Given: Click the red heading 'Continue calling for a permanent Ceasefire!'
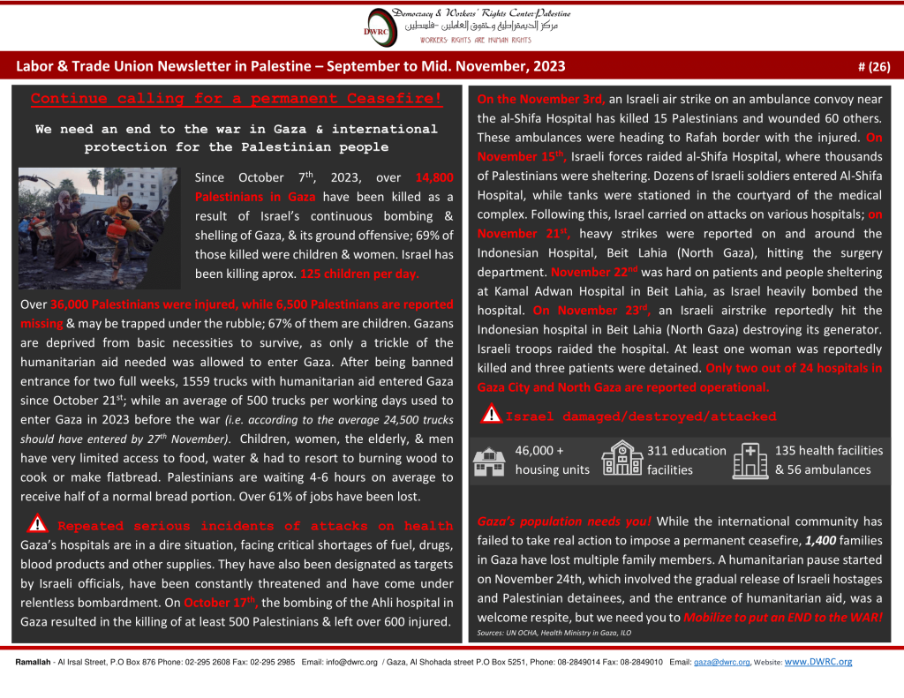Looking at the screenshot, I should point(236,99).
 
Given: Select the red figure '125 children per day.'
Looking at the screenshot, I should point(359,274).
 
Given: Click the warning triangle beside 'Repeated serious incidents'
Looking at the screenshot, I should point(38,525).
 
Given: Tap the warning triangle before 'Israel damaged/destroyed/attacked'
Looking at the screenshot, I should point(488,416).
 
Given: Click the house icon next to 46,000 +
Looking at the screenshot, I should point(490,461).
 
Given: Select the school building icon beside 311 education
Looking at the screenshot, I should point(621,461).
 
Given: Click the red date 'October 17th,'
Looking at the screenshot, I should point(221,604).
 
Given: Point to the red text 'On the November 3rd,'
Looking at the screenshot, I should point(541,99).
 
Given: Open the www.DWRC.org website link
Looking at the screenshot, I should point(817,661).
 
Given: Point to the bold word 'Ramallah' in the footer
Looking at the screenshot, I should point(33,662).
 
